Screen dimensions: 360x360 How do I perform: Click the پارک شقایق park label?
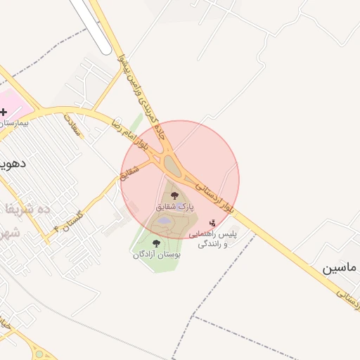(174, 207)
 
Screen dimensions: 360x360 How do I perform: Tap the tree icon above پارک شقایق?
(174, 196)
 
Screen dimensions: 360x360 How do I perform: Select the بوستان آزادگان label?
(157, 255)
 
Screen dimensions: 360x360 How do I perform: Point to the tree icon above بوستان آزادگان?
(156, 243)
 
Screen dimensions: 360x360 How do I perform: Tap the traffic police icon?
(213, 223)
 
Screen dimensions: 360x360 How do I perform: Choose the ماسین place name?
(340, 269)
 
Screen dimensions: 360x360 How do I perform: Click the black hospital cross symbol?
(4, 112)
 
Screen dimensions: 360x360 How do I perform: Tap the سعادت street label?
(73, 125)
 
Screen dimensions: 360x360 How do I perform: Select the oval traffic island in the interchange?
(171, 165)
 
